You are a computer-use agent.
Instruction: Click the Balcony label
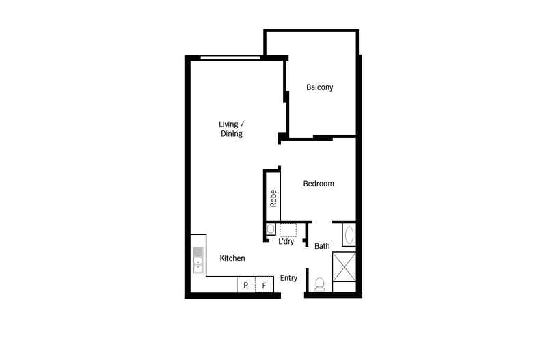pos(319,87)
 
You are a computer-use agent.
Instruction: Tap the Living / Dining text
pos(231,129)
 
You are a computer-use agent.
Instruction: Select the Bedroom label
pos(319,184)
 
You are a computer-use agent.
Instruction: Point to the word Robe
pos(273,198)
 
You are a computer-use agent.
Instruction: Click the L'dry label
pos(286,241)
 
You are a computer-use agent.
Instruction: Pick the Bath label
pos(322,246)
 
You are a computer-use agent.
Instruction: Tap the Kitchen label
pos(232,258)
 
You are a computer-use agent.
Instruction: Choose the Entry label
pos(288,278)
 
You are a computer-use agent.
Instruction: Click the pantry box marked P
pos(245,285)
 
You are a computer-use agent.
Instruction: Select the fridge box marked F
pos(263,285)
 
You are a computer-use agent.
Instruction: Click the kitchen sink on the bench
pos(198,260)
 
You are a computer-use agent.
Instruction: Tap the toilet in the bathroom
pos(319,283)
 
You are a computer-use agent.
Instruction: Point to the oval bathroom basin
pos(349,236)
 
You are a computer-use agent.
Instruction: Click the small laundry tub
pos(271,229)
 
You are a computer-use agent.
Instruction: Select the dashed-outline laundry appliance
pos(288,229)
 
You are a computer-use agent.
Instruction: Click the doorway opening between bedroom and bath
pos(322,221)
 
